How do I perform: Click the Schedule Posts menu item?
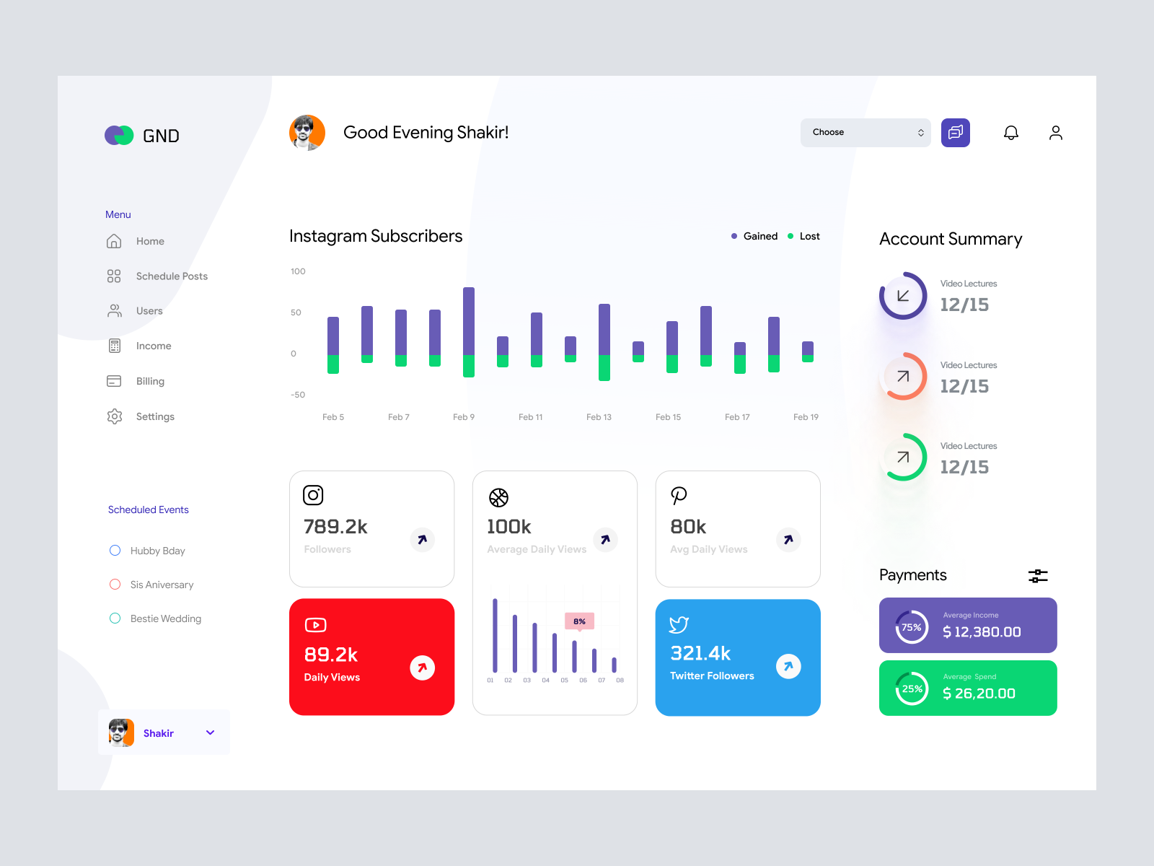coord(171,276)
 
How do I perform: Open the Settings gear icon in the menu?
coord(115,416)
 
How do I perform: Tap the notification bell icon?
coord(1011,133)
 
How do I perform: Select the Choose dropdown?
coord(865,133)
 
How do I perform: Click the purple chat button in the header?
coord(955,133)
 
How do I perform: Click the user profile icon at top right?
coord(1055,133)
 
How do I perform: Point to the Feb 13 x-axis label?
coord(599,417)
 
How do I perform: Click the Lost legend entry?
coord(804,236)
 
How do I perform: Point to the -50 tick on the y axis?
coord(298,395)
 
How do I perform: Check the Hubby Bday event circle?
coord(115,551)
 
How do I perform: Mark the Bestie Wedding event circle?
coord(115,618)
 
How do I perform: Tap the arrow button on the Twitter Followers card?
coord(788,666)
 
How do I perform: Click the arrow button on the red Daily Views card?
coord(422,668)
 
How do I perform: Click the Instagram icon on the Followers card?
coord(313,495)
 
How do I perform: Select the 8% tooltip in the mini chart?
coord(579,621)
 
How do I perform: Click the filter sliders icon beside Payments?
coord(1038,576)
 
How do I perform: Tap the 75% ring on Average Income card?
coord(912,627)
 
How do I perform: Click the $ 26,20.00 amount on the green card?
coord(979,694)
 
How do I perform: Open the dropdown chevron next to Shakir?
coord(211,732)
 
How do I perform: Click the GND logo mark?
coord(119,136)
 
